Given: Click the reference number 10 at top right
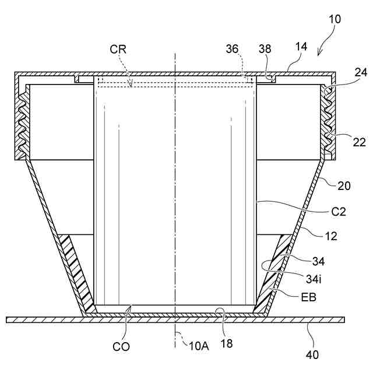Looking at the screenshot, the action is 335,19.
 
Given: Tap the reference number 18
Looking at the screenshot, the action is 226,343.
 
